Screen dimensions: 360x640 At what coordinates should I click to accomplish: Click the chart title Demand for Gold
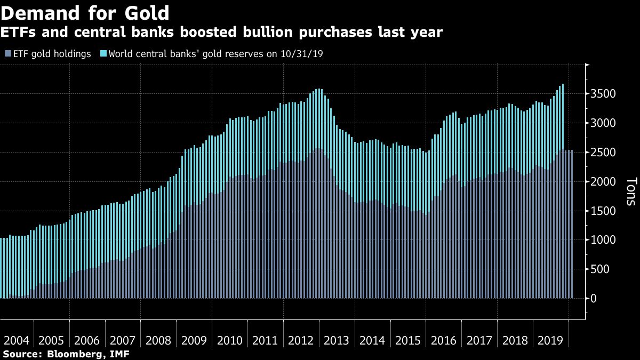(x=85, y=12)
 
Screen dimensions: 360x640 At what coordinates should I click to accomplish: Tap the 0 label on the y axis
(x=594, y=299)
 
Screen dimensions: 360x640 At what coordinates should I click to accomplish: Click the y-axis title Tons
(x=630, y=192)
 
